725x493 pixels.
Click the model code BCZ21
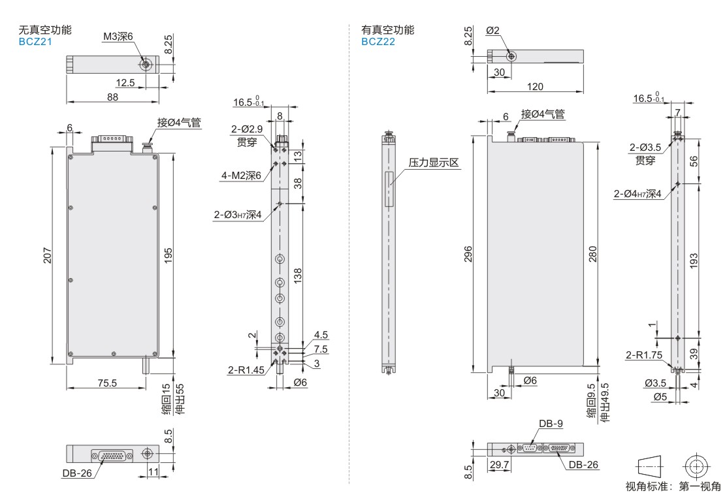coord(35,40)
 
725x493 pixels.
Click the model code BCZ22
coord(378,41)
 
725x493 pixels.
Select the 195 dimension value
coord(168,254)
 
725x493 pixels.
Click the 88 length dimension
coord(112,97)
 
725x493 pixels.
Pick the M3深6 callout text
coord(118,37)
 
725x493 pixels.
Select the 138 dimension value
coord(297,274)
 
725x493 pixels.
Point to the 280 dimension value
coord(592,253)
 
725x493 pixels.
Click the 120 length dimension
coord(534,86)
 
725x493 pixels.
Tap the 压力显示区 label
coord(435,161)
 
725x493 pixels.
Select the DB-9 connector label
coord(551,423)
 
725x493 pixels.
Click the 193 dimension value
coord(694,260)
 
